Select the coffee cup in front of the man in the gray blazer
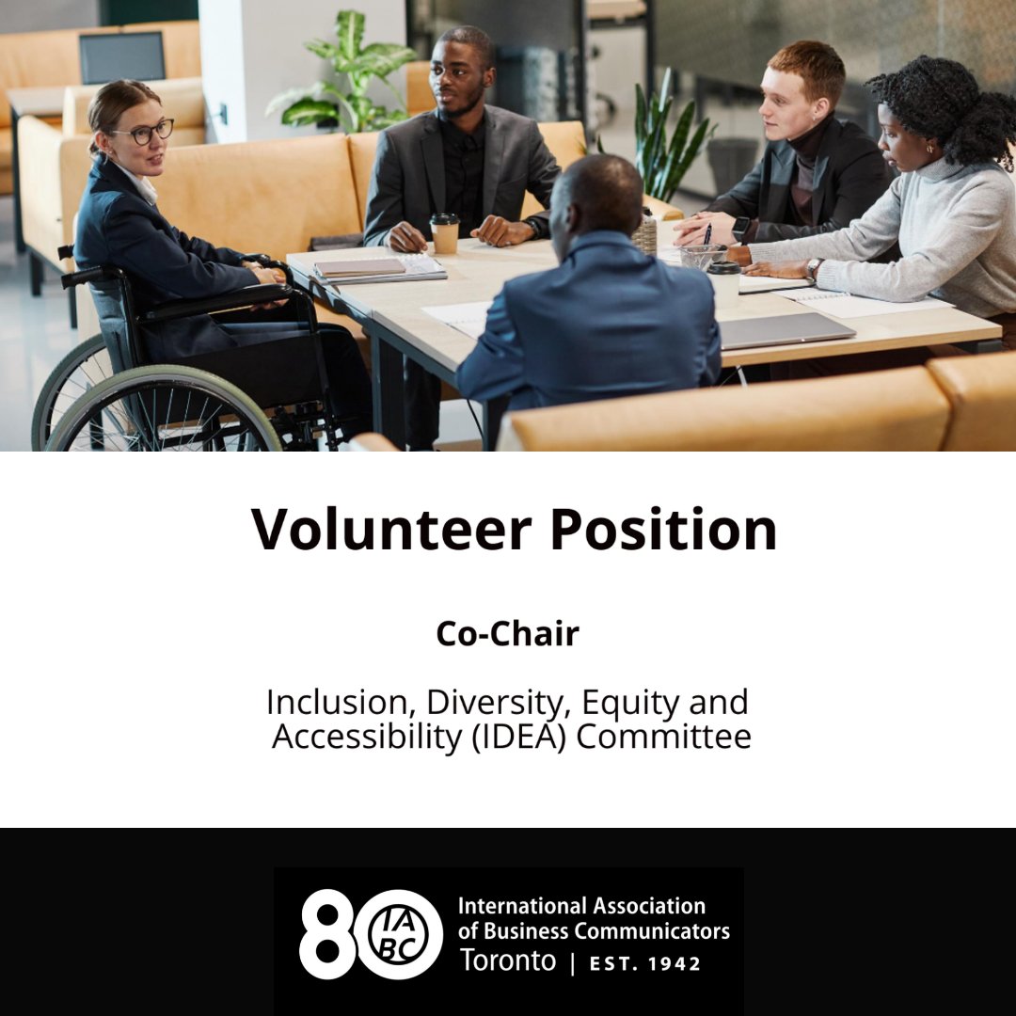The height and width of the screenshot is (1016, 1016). click(x=444, y=232)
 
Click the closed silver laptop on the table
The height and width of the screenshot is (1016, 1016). click(x=786, y=329)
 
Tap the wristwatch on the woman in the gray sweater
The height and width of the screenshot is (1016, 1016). click(x=814, y=269)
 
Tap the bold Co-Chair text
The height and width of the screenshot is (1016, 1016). click(x=507, y=634)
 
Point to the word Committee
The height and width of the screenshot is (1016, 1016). click(x=664, y=737)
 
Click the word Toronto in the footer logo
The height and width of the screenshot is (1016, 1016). click(x=507, y=960)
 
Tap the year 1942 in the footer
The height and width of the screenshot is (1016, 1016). click(x=671, y=963)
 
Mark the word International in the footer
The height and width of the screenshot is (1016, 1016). click(x=515, y=906)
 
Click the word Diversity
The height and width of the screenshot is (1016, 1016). click(x=499, y=702)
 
